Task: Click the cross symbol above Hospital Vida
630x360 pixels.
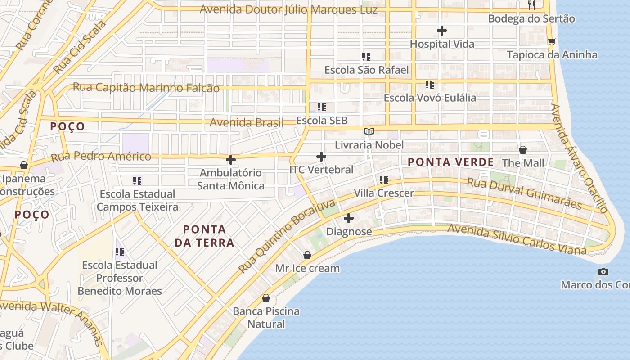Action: coord(442,31)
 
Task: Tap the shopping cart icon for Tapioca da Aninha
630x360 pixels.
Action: coord(552,41)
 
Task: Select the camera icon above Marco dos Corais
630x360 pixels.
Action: coord(603,271)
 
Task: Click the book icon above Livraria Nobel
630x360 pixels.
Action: coord(369,132)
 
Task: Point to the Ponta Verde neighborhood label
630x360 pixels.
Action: coord(450,162)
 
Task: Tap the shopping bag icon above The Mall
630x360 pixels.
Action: coord(523,150)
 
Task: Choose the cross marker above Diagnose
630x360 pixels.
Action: coord(349,219)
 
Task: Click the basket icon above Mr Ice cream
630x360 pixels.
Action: coord(307,255)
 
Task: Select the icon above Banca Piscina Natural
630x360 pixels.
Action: coord(266,298)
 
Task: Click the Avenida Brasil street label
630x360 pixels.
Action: coord(247,122)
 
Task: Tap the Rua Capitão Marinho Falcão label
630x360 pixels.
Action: coord(146,88)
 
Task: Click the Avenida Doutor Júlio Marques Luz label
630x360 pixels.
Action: coord(288,9)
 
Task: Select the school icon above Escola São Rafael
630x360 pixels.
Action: coord(366,57)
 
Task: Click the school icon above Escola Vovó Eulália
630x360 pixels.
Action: coord(430,85)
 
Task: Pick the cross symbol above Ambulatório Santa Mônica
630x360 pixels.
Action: coord(231,160)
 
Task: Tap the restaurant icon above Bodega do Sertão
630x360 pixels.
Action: coord(531,5)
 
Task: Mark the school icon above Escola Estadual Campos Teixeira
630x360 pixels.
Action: coord(137,181)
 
